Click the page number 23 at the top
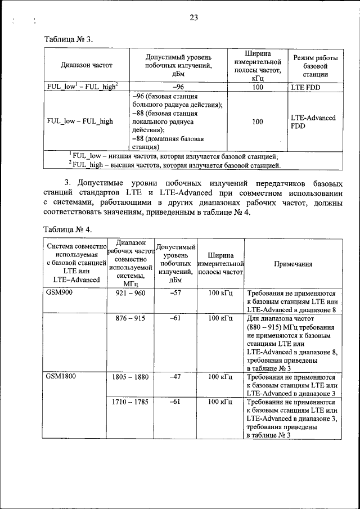(x=193, y=17)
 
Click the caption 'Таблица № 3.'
(x=68, y=39)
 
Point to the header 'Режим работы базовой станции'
(x=315, y=65)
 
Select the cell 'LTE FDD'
(x=306, y=88)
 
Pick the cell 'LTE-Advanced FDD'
(x=313, y=122)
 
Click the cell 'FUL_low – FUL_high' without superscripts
(x=80, y=121)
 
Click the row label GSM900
(x=60, y=293)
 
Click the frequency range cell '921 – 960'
(x=130, y=293)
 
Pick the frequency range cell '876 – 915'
(x=130, y=318)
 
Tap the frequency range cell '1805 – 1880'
(x=130, y=377)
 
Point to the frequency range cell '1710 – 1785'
(x=130, y=402)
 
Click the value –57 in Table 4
(x=174, y=293)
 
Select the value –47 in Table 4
(x=174, y=377)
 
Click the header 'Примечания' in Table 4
(x=293, y=264)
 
